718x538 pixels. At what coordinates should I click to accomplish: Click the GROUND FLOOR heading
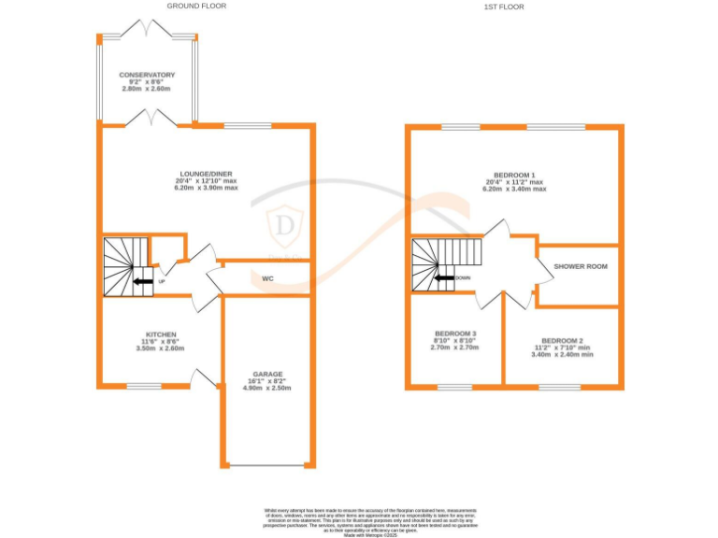195,6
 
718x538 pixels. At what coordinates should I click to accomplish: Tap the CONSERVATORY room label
147,75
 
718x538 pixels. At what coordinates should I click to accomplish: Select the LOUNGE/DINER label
207,173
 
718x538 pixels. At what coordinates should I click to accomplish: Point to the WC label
267,278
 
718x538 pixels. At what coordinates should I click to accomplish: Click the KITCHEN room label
161,333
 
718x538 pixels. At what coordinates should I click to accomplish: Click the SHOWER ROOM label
581,266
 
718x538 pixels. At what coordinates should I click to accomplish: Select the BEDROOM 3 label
455,333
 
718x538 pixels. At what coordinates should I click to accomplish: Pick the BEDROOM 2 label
562,340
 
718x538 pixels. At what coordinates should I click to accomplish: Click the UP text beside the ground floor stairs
162,281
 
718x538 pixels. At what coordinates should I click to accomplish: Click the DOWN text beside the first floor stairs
463,278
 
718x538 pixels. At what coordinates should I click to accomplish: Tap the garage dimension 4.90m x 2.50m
267,389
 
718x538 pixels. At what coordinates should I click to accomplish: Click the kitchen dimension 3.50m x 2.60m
161,348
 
